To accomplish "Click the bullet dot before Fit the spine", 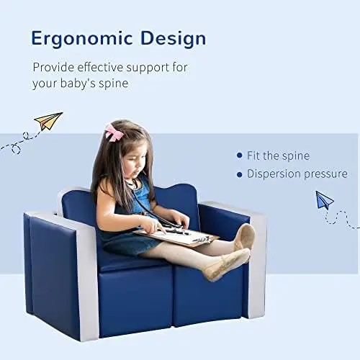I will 240,155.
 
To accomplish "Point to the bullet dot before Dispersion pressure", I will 240,174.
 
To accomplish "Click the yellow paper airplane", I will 48,121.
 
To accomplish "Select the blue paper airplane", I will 325,199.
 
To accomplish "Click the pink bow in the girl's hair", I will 113,132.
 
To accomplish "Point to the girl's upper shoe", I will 245,235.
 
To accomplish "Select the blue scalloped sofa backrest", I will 176,198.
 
